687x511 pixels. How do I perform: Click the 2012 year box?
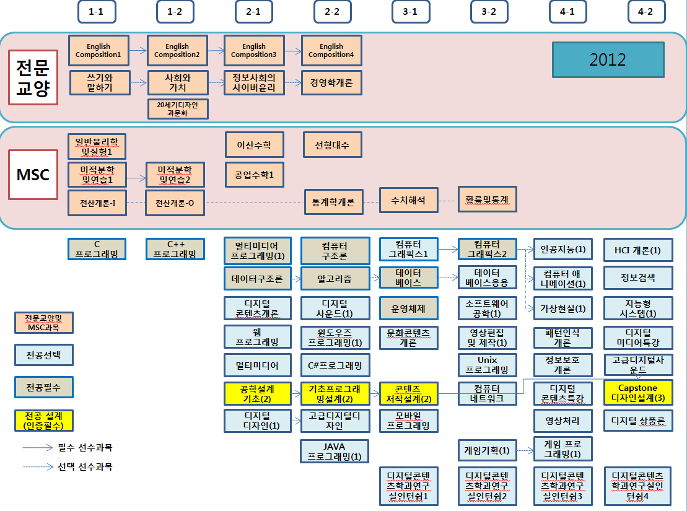(608, 59)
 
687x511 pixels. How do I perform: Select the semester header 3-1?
(410, 11)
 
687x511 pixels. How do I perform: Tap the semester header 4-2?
(646, 11)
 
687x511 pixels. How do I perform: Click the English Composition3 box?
(254, 50)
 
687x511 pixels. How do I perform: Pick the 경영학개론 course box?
(331, 82)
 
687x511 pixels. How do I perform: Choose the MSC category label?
(33, 175)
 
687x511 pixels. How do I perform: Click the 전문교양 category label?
(33, 77)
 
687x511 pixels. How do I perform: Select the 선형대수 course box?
(331, 145)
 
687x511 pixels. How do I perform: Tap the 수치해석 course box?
(408, 199)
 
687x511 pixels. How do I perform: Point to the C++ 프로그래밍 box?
(175, 249)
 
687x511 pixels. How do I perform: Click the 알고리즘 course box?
(335, 279)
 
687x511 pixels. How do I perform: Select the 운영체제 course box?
(408, 308)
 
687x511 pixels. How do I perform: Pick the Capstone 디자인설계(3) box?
(637, 393)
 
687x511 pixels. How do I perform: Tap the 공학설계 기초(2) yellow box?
(257, 393)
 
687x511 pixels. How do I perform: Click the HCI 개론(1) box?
(637, 250)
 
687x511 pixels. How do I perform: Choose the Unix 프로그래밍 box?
(488, 365)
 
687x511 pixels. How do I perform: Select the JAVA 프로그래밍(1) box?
(335, 451)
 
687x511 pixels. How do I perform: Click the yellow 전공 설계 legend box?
(43, 420)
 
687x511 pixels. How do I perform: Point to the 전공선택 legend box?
(43, 355)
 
